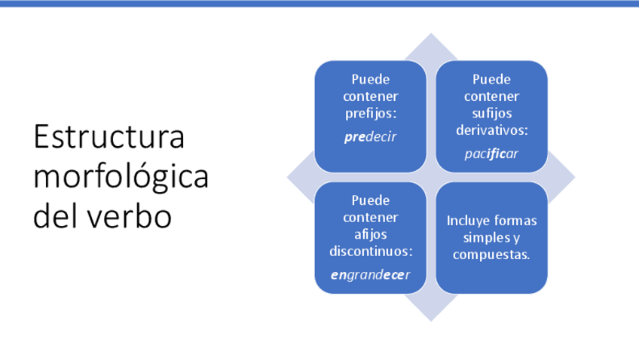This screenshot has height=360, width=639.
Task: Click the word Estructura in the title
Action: pyautogui.click(x=109, y=137)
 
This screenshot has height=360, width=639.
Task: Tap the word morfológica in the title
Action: pyautogui.click(x=121, y=178)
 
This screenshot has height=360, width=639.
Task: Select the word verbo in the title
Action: pyautogui.click(x=130, y=216)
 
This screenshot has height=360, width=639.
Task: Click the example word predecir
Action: pyautogui.click(x=371, y=137)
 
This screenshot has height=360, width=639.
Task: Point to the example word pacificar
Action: pyautogui.click(x=491, y=154)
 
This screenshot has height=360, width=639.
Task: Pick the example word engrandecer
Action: pyautogui.click(x=371, y=276)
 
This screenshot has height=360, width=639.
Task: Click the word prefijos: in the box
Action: pyautogui.click(x=371, y=114)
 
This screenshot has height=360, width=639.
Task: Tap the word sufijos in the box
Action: pyautogui.click(x=491, y=113)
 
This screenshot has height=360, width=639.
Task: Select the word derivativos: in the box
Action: pyautogui.click(x=491, y=130)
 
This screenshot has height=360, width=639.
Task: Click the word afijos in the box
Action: pyautogui.click(x=371, y=234)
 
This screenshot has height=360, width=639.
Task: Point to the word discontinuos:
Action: pyautogui.click(x=371, y=252)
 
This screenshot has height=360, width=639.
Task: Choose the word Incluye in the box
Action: pyautogui.click(x=467, y=221)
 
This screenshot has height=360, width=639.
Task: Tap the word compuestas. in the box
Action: pyautogui.click(x=491, y=255)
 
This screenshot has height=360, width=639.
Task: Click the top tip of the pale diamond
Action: pyautogui.click(x=431, y=33)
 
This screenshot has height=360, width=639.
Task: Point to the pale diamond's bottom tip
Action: pyautogui.click(x=431, y=322)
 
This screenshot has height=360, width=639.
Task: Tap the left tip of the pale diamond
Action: pyautogui.click(x=287, y=177)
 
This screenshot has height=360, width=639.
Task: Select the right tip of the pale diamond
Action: pyautogui.click(x=575, y=177)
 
